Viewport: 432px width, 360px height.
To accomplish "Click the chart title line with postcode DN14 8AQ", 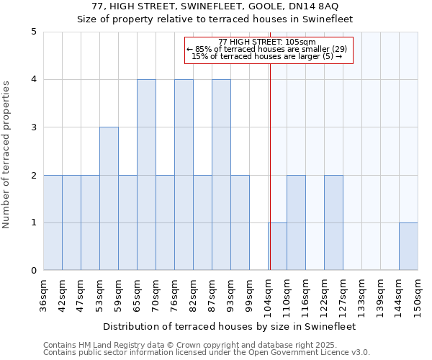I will [x=216, y=6].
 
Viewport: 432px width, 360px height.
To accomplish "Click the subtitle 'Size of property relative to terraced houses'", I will [x=216, y=19].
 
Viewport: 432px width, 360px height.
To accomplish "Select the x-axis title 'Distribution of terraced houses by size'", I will [x=230, y=326].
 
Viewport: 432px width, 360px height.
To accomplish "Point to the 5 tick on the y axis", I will [x=34, y=32].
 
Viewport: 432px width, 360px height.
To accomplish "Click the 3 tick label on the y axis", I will [x=34, y=127].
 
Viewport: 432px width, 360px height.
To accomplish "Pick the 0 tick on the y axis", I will [x=34, y=271].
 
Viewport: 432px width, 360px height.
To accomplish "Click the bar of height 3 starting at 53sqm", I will [x=109, y=199].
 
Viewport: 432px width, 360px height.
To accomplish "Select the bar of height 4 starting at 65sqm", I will [x=146, y=175].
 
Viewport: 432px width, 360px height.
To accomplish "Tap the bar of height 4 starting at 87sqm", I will [x=221, y=175].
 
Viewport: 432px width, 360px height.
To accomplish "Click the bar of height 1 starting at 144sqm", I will [x=408, y=247].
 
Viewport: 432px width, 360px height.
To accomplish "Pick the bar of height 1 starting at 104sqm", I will [x=277, y=247].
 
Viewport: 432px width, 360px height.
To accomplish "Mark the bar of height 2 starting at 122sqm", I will [x=333, y=223].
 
